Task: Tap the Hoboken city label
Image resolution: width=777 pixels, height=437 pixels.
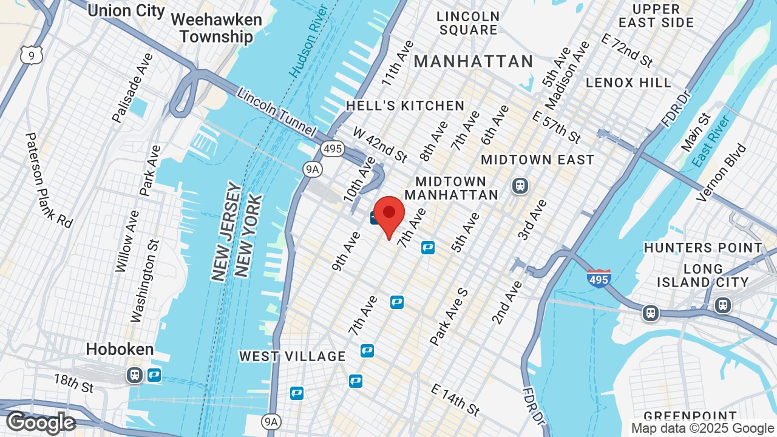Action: coord(120,350)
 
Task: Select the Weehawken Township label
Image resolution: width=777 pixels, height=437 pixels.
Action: coord(216,28)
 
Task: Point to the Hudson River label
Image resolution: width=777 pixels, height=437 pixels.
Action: coord(309,40)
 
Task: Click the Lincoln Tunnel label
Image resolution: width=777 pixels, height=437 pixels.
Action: coord(276,112)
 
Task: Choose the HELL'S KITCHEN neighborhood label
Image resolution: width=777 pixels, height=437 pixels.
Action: coord(405,106)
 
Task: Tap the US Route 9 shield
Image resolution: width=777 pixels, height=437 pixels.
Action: coord(31,56)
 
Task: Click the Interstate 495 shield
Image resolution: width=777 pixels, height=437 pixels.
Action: coord(599,278)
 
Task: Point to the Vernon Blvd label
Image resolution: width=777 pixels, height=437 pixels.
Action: coord(722,172)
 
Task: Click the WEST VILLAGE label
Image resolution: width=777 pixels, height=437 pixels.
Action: coord(292,356)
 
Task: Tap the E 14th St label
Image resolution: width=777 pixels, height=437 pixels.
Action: coord(456,401)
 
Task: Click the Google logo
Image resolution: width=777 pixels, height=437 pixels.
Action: coord(41,422)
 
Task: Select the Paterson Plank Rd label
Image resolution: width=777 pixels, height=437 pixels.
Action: coord(49,180)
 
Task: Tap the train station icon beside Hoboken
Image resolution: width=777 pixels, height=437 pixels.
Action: coord(135,374)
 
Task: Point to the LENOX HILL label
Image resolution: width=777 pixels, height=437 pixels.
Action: coord(628,83)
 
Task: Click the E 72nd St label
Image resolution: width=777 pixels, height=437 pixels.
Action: coord(626,50)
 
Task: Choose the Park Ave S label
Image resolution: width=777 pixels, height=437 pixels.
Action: coord(449,317)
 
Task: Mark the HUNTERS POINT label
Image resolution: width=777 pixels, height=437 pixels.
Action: coord(703,248)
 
